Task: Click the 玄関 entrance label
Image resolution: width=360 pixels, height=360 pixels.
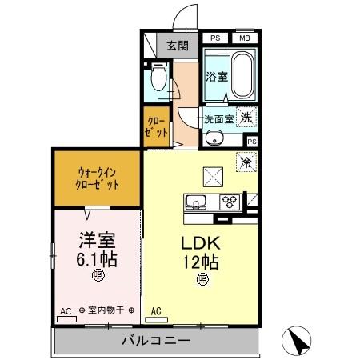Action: [177, 46]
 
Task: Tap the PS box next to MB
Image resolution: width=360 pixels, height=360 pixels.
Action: [216, 38]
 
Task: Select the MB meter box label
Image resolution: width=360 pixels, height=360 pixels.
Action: [243, 38]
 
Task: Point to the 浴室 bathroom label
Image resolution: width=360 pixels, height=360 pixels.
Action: [215, 78]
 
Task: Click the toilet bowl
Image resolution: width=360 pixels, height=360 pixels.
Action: [158, 79]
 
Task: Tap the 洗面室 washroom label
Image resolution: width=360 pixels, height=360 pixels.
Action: [218, 118]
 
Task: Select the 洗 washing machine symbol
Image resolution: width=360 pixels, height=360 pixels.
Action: [249, 117]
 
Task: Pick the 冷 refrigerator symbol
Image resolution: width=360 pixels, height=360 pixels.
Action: [247, 160]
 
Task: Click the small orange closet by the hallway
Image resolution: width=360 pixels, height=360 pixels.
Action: [156, 127]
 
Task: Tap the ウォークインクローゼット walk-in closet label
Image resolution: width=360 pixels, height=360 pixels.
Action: [98, 178]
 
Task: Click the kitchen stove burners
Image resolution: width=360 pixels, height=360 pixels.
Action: [230, 201]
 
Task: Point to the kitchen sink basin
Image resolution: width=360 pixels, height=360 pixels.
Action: [197, 201]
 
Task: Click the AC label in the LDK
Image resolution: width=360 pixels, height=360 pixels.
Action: [157, 310]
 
